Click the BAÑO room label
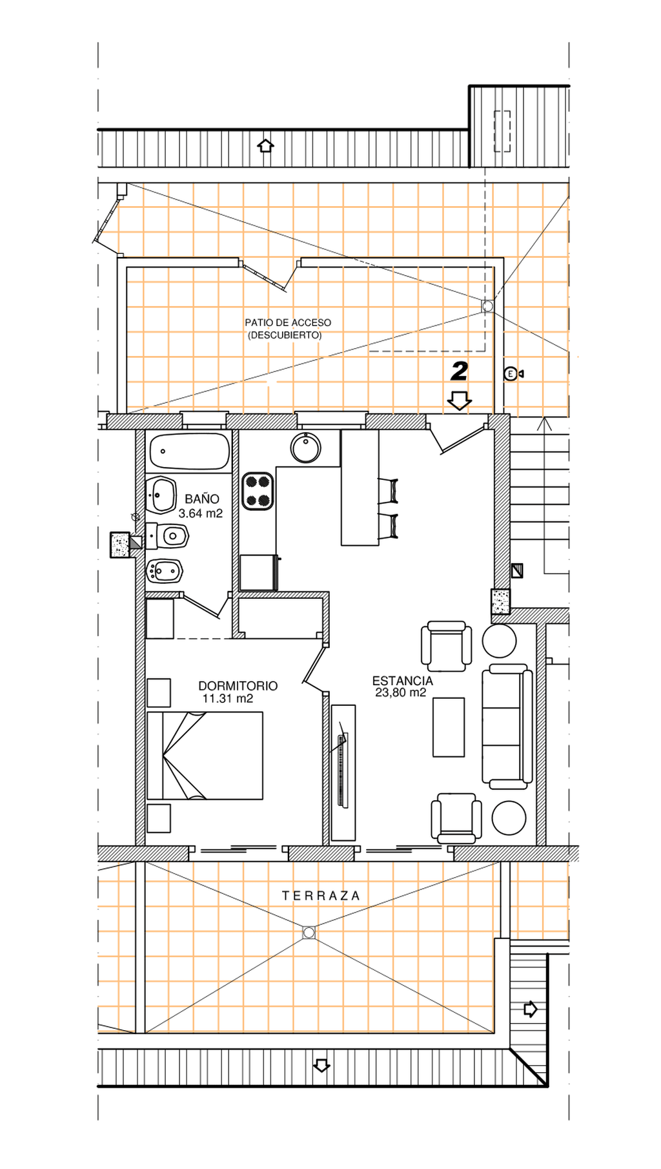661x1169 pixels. [x=202, y=499]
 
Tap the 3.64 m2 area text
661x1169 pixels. [x=201, y=513]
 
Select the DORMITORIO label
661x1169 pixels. [x=238, y=686]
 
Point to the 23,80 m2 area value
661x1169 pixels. [x=401, y=693]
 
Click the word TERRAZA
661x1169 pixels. [x=321, y=896]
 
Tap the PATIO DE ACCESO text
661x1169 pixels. [x=288, y=322]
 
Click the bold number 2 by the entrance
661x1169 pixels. [x=459, y=371]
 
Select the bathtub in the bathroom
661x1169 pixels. [x=190, y=451]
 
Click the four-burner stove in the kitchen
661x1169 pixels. [x=258, y=491]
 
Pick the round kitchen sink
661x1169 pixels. [x=305, y=448]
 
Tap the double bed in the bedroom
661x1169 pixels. [x=205, y=756]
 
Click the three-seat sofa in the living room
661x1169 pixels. [x=507, y=727]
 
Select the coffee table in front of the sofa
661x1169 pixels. [x=449, y=727]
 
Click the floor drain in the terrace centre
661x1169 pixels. [x=309, y=933]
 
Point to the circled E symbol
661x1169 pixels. [x=511, y=373]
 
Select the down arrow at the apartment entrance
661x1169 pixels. [x=459, y=400]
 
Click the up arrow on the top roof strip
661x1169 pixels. [x=265, y=145]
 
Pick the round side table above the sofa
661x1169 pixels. [x=499, y=641]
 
